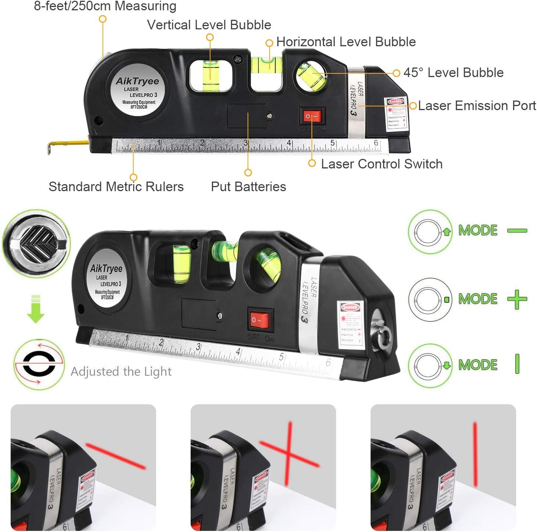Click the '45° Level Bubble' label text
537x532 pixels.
tap(453, 73)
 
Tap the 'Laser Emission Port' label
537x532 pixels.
tap(477, 106)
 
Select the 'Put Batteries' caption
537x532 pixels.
tap(248, 187)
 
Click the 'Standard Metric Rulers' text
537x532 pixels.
tap(116, 187)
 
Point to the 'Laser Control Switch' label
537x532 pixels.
tap(382, 164)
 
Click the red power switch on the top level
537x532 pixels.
tap(312, 117)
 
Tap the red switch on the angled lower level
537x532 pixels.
tap(260, 320)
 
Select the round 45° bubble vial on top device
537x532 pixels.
tap(311, 75)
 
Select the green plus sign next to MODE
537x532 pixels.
tap(517, 299)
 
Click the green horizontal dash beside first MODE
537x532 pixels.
tap(517, 231)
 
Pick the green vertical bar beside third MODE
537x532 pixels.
tap(517, 364)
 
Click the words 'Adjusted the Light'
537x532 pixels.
tap(121, 372)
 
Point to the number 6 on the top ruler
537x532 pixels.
tap(376, 143)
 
